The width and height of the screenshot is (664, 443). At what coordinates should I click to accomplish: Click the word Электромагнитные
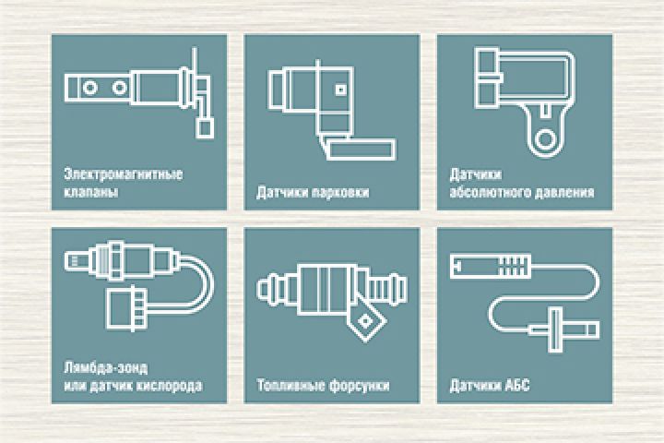pyautogui.click(x=124, y=174)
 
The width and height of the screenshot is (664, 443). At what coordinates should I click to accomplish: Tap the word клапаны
pyautogui.click(x=91, y=192)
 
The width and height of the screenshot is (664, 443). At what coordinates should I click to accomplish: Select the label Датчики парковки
pyautogui.click(x=313, y=192)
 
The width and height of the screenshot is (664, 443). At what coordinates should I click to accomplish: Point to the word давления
pyautogui.click(x=564, y=192)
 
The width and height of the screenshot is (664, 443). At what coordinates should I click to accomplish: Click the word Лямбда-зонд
pyautogui.click(x=106, y=367)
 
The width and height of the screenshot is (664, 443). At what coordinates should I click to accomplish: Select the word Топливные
pyautogui.click(x=290, y=386)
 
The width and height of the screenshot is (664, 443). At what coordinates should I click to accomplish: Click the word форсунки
pyautogui.click(x=359, y=386)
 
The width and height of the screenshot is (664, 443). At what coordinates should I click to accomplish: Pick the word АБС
pyautogui.click(x=517, y=386)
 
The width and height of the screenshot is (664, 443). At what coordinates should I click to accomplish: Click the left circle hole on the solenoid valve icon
pyautogui.click(x=89, y=88)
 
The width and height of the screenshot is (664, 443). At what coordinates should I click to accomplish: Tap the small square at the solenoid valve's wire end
pyautogui.click(x=205, y=127)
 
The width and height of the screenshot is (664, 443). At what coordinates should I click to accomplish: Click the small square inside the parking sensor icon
pyautogui.click(x=341, y=90)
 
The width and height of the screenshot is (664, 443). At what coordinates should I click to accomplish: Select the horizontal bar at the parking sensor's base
pyautogui.click(x=361, y=150)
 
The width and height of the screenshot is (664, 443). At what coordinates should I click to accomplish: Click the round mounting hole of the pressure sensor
pyautogui.click(x=545, y=139)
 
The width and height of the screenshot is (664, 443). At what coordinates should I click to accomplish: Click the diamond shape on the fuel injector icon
pyautogui.click(x=364, y=323)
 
